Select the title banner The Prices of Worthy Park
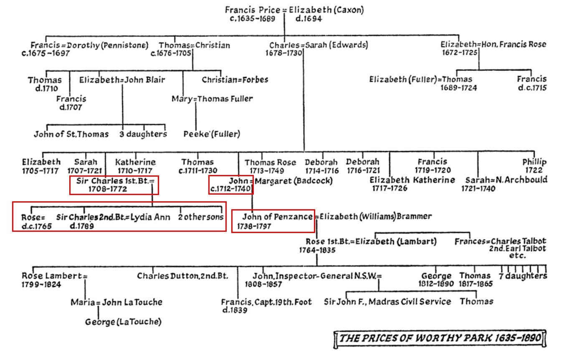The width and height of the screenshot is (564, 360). (x=440, y=338)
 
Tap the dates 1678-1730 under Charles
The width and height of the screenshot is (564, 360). (x=283, y=53)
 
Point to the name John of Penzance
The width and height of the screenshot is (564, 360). (x=277, y=217)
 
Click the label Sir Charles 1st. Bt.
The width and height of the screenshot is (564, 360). (x=113, y=181)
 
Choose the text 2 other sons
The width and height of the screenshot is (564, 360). (x=201, y=217)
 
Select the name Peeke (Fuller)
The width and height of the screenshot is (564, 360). (x=212, y=134)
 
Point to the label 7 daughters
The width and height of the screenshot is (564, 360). (x=523, y=276)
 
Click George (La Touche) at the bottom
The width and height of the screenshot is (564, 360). (x=123, y=322)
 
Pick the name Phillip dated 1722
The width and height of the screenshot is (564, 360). (x=534, y=162)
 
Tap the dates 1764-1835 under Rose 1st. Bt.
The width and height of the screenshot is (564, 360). (x=317, y=250)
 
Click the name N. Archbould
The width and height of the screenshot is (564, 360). (x=524, y=180)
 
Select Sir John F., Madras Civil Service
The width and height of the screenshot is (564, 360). (x=387, y=302)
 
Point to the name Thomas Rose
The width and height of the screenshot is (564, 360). (x=270, y=162)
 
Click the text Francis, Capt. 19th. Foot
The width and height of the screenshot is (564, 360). (x=266, y=302)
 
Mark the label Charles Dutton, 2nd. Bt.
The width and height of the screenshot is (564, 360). (x=182, y=276)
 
